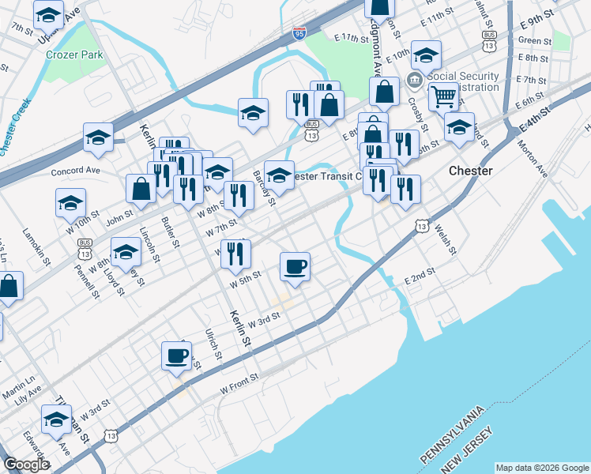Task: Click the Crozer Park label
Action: click(x=74, y=55)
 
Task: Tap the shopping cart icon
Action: click(x=444, y=96)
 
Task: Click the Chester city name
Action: click(x=470, y=171)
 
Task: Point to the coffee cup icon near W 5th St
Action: click(x=295, y=266)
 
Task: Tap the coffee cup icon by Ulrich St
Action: click(x=176, y=355)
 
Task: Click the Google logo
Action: click(x=26, y=465)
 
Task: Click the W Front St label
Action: click(x=239, y=378)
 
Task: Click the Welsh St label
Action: click(x=444, y=239)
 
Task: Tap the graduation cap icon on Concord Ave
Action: click(x=98, y=137)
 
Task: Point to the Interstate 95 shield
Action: click(x=299, y=33)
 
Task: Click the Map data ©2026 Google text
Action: click(x=541, y=468)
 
